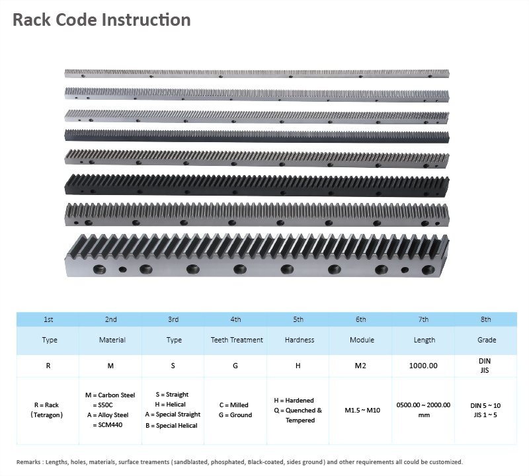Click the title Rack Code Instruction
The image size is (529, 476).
pos(102,20)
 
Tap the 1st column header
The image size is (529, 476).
pos(48,319)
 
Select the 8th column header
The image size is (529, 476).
pos(485,319)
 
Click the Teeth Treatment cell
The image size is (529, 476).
pos(237,340)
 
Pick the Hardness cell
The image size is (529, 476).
pos(299,340)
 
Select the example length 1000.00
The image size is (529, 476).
pos(424,365)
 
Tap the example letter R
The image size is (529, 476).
pos(48,365)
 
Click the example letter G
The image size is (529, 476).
pos(237,365)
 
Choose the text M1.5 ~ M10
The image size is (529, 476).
pos(362,410)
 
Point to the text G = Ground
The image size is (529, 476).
pos(237,415)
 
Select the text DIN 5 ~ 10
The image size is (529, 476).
pos(485,405)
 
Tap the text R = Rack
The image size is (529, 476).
pos(46,405)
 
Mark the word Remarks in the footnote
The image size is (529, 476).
pos(30,462)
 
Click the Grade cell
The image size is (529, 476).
pos(485,340)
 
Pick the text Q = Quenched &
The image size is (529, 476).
pos(298,410)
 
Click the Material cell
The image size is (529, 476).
pos(110,340)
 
